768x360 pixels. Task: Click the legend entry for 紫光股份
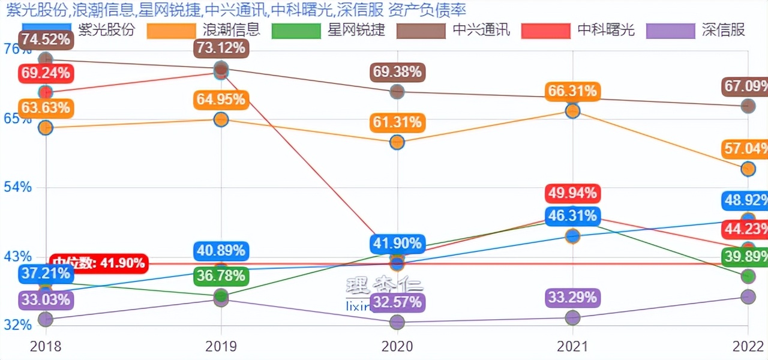[78, 30]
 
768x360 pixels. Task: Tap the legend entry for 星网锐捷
[328, 30]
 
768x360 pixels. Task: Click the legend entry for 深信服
[696, 30]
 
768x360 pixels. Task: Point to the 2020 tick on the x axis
[397, 346]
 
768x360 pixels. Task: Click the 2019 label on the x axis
[221, 346]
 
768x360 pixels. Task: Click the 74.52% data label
[46, 40]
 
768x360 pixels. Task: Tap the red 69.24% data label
[46, 74]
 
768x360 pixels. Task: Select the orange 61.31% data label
[397, 123]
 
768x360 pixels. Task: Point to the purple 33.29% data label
[572, 298]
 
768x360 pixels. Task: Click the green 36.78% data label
[221, 277]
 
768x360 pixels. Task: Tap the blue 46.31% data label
[572, 216]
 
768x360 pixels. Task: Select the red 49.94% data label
[572, 193]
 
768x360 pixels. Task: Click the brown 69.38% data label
[397, 73]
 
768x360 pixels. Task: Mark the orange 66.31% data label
[572, 91]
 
